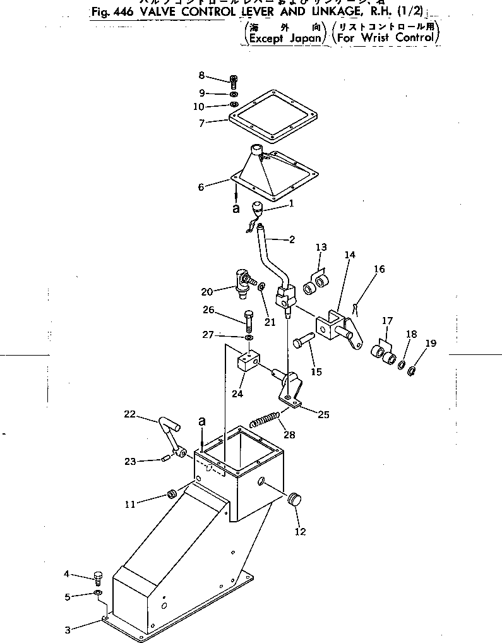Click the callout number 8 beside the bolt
point(201,75)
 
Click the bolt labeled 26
point(247,322)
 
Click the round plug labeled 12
point(294,500)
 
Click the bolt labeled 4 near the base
point(97,577)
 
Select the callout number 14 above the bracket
point(350,255)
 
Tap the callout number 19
point(431,344)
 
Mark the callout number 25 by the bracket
point(323,414)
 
